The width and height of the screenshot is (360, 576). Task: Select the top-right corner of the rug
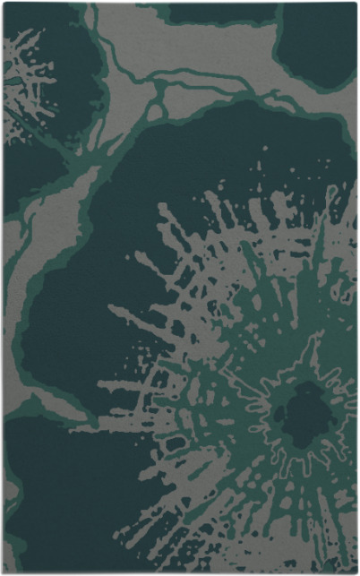click(x=356, y=4)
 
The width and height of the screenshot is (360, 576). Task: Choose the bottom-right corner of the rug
click(x=356, y=572)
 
